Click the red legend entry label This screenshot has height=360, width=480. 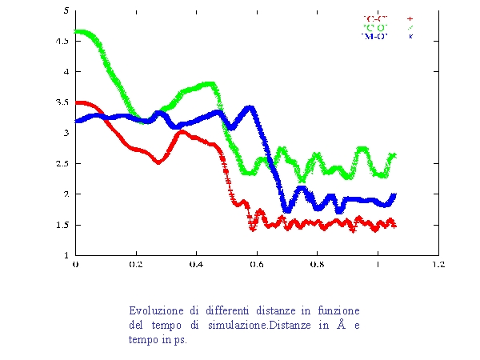[x=374, y=17]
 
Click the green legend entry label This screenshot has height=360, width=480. [x=374, y=26]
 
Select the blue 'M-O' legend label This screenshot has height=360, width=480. [x=374, y=36]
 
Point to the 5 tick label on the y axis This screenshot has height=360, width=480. [x=66, y=10]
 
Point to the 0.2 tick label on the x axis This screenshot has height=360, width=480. [x=136, y=263]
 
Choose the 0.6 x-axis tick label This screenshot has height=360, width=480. [x=257, y=263]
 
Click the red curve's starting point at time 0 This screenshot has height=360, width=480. [x=76, y=102]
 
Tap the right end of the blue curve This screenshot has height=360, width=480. [x=394, y=195]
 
